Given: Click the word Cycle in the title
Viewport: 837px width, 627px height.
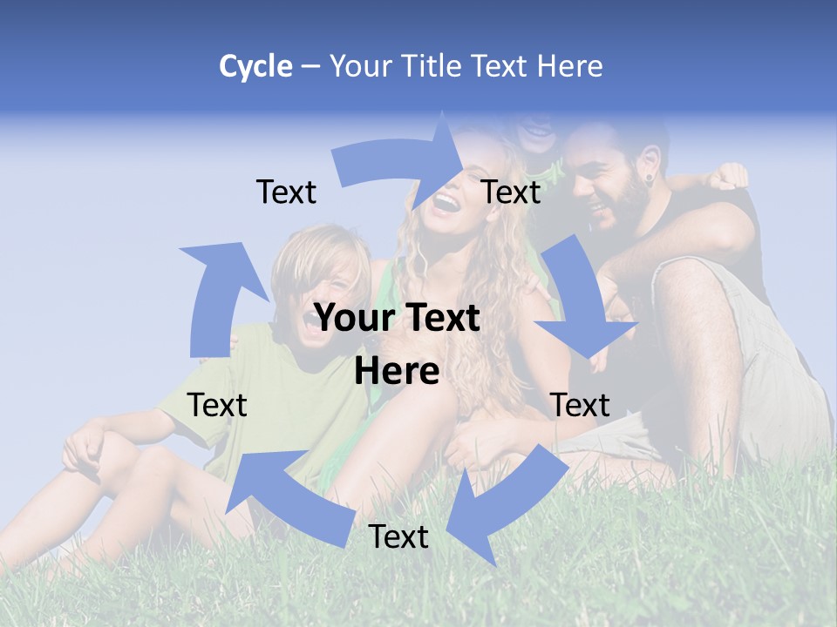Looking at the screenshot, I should [255, 66].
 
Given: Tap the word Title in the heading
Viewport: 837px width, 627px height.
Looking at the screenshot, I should [435, 66].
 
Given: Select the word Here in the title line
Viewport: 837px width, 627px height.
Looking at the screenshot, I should [571, 66].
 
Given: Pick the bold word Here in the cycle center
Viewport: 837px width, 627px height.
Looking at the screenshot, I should [397, 372].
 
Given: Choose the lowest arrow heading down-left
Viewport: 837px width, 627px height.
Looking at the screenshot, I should [497, 504].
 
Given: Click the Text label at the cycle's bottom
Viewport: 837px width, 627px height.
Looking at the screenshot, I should [398, 537].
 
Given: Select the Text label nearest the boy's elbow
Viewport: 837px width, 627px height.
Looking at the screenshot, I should [217, 405].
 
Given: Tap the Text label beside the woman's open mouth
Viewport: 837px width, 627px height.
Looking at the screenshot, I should [511, 192].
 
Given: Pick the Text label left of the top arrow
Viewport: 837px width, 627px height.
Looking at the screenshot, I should [286, 192].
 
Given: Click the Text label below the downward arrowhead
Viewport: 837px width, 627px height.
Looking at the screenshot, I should [580, 405].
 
